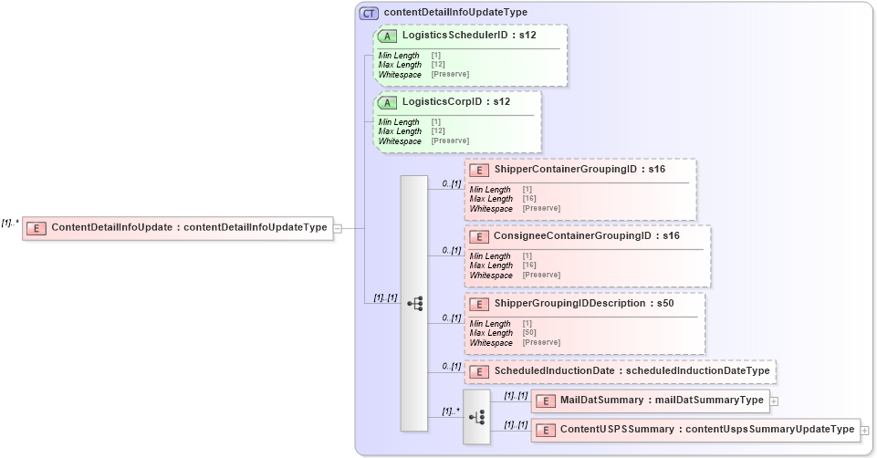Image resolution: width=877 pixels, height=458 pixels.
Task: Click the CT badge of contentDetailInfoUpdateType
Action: (x=370, y=13)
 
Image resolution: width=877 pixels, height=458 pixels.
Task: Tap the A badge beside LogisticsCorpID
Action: (x=388, y=101)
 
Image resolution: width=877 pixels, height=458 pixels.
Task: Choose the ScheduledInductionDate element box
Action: (x=621, y=371)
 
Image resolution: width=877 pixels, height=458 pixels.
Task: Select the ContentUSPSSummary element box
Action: (x=694, y=429)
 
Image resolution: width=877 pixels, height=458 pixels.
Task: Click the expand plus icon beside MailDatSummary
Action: (x=774, y=401)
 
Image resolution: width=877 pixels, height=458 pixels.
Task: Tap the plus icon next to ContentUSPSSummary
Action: (x=864, y=430)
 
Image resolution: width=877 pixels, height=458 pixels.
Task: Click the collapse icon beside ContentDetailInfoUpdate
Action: (x=337, y=228)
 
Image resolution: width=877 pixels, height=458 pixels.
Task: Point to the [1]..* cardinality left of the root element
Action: (x=10, y=223)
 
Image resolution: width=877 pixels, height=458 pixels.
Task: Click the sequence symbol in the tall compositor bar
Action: (x=414, y=304)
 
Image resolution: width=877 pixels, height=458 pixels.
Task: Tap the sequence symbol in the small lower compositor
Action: (x=476, y=417)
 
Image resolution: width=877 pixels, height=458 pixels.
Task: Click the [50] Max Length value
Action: (x=528, y=333)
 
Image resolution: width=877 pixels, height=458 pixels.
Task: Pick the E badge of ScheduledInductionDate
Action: (x=480, y=372)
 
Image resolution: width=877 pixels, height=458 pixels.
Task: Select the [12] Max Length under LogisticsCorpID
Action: (x=437, y=131)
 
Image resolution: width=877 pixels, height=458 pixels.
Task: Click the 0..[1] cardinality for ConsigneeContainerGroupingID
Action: (x=451, y=250)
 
